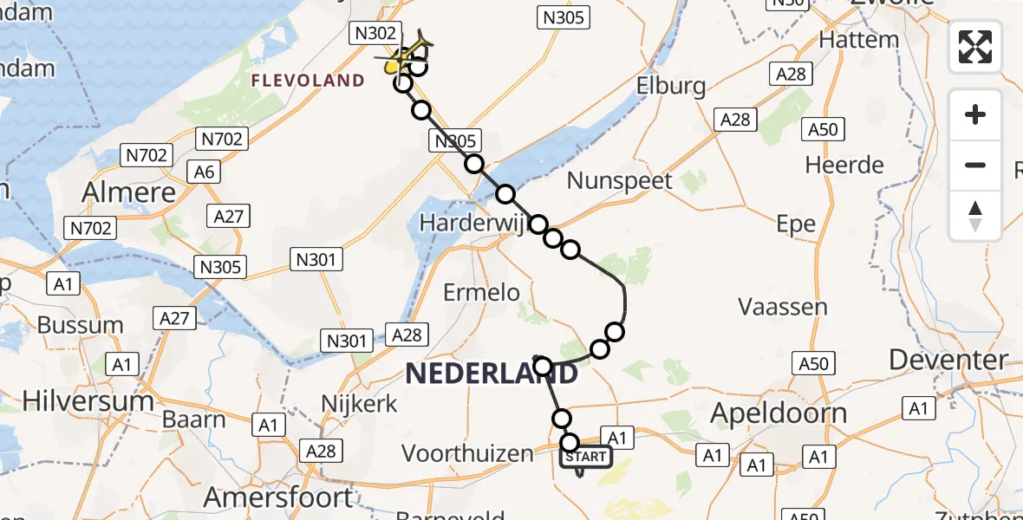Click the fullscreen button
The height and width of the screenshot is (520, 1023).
(975, 47)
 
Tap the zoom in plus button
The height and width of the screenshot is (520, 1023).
(975, 114)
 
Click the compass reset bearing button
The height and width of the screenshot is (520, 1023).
(975, 216)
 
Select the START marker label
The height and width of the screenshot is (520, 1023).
(587, 457)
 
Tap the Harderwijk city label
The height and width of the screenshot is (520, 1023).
(472, 223)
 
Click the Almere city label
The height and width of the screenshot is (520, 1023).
(129, 192)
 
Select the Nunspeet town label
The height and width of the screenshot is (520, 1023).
(620, 181)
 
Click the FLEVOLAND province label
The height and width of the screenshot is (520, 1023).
(308, 81)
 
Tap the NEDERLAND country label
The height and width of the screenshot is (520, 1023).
(491, 374)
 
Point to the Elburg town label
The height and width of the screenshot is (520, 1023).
(671, 86)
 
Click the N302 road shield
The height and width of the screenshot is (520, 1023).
(375, 34)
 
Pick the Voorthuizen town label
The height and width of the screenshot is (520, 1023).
(467, 453)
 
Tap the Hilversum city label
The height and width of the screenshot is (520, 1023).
(88, 401)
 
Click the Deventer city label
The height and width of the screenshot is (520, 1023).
(948, 359)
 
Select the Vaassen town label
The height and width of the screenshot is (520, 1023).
(783, 307)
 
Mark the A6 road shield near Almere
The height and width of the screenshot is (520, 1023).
(204, 172)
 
